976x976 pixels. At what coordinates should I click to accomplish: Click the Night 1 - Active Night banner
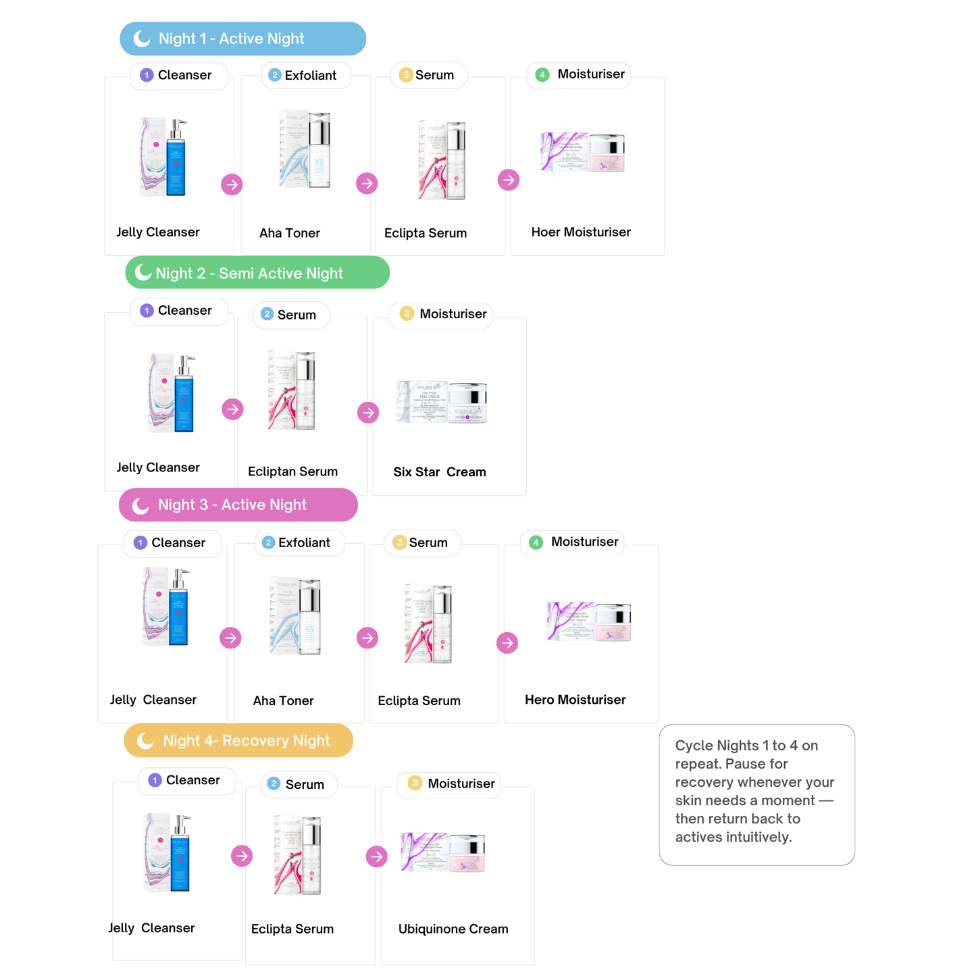(x=242, y=38)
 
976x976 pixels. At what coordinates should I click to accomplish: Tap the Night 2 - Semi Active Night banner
(x=257, y=273)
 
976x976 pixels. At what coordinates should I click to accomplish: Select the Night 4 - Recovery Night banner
(x=238, y=741)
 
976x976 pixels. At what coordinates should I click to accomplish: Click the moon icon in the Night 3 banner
(x=140, y=505)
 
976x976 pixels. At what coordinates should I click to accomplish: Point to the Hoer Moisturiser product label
(x=581, y=232)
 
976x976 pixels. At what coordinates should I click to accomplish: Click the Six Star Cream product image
(x=442, y=403)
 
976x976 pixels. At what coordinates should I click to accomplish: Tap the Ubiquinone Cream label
(x=453, y=929)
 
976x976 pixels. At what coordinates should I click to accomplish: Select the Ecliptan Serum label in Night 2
(x=292, y=472)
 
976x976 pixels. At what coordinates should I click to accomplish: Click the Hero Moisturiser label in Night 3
(x=575, y=700)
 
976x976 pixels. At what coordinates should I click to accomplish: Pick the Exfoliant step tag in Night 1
(x=305, y=75)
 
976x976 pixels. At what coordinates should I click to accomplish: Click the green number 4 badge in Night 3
(x=536, y=542)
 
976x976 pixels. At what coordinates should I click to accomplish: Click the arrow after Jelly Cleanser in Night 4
(x=242, y=856)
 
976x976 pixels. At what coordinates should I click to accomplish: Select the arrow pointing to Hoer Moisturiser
(x=509, y=180)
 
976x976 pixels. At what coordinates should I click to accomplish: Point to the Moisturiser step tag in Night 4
(x=449, y=784)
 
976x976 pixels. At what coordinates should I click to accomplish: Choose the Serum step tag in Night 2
(x=291, y=315)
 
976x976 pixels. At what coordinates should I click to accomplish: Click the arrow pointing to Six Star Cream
(x=368, y=413)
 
